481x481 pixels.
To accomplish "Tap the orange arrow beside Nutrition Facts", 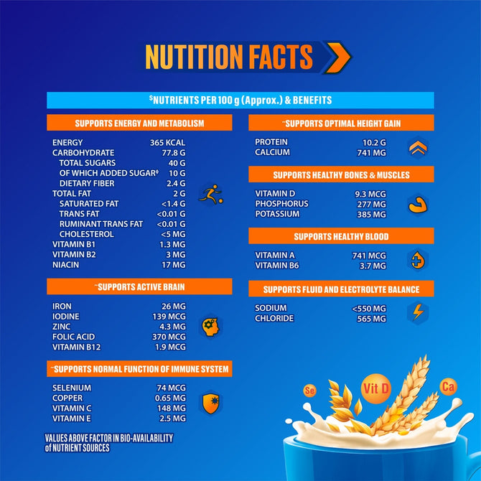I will click(x=335, y=57).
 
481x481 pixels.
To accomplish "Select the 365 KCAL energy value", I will click(x=167, y=143).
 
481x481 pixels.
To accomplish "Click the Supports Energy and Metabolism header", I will click(x=139, y=123).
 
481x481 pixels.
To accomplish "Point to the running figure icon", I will click(x=210, y=194).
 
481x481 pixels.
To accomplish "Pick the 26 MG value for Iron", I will click(x=174, y=307).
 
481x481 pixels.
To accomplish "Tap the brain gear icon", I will click(x=210, y=326).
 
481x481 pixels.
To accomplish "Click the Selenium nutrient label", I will click(x=72, y=388).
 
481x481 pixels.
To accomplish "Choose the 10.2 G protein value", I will click(x=371, y=142).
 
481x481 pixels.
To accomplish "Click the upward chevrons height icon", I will click(x=417, y=148).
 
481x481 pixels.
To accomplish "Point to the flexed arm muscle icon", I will click(x=417, y=205).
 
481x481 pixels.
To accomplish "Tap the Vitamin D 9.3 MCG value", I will click(x=370, y=194).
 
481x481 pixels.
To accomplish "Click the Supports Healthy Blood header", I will click(x=341, y=236).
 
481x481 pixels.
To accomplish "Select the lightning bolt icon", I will click(x=417, y=312).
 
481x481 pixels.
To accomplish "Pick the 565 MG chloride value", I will click(x=371, y=319).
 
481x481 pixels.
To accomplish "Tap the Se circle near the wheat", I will click(x=311, y=391).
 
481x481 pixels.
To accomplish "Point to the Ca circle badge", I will click(x=449, y=388).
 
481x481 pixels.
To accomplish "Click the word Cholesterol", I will click(x=87, y=234).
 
